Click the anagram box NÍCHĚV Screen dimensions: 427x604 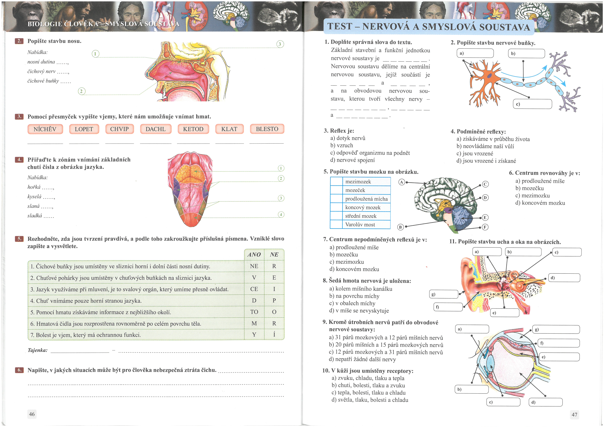45,129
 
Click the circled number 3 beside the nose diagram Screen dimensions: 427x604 280,44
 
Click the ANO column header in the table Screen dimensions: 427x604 254,254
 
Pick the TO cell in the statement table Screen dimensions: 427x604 254,312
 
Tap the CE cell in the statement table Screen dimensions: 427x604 254,289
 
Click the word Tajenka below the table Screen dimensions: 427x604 38,350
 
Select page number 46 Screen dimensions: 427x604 32,414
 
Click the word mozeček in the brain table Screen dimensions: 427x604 355,190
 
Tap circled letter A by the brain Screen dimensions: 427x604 401,182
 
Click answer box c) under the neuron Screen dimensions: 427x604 532,104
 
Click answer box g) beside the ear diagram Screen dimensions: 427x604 444,294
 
